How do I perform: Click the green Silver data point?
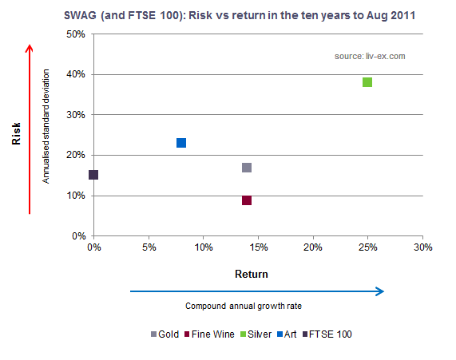[x=367, y=82]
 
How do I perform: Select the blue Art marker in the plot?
[x=181, y=143]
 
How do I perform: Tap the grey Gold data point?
[x=247, y=168]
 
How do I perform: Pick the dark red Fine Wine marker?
[x=247, y=200]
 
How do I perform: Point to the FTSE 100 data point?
[x=93, y=175]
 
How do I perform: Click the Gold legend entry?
[x=165, y=334]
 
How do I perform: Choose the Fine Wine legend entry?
[x=209, y=334]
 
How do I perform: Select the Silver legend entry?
[x=256, y=334]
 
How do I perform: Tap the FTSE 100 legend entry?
[x=327, y=334]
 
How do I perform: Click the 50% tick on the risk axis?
[x=76, y=34]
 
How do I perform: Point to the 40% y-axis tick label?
[x=76, y=74]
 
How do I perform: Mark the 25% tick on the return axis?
[x=368, y=247]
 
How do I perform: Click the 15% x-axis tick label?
[x=259, y=247]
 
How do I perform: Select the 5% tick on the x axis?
[x=149, y=247]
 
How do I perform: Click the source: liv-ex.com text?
[x=370, y=56]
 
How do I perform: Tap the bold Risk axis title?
[x=16, y=133]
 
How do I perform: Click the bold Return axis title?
[x=252, y=274]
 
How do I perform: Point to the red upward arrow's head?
[x=29, y=48]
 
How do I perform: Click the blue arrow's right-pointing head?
[x=380, y=291]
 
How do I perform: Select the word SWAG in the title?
[x=80, y=15]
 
